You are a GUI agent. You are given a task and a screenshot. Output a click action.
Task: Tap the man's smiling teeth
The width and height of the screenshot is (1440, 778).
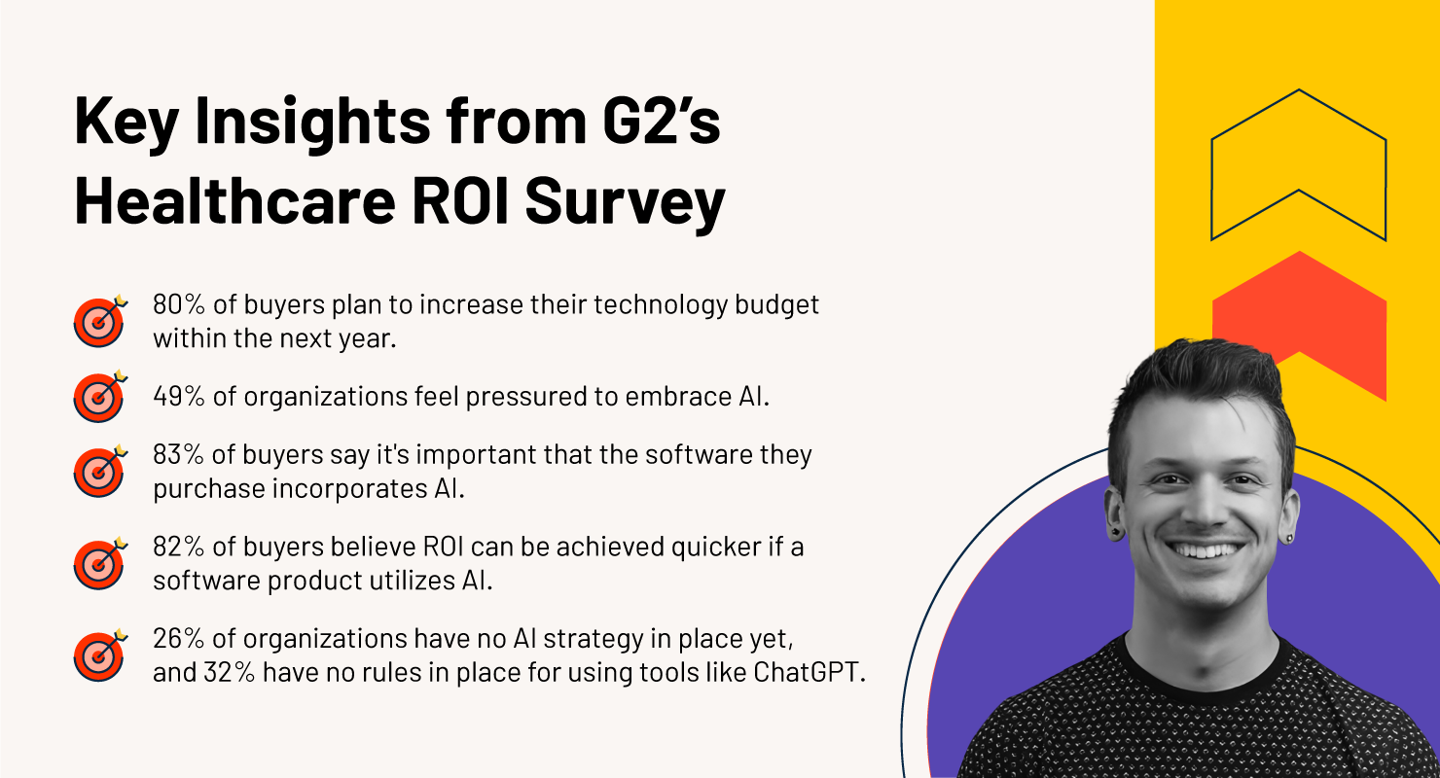(1203, 549)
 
